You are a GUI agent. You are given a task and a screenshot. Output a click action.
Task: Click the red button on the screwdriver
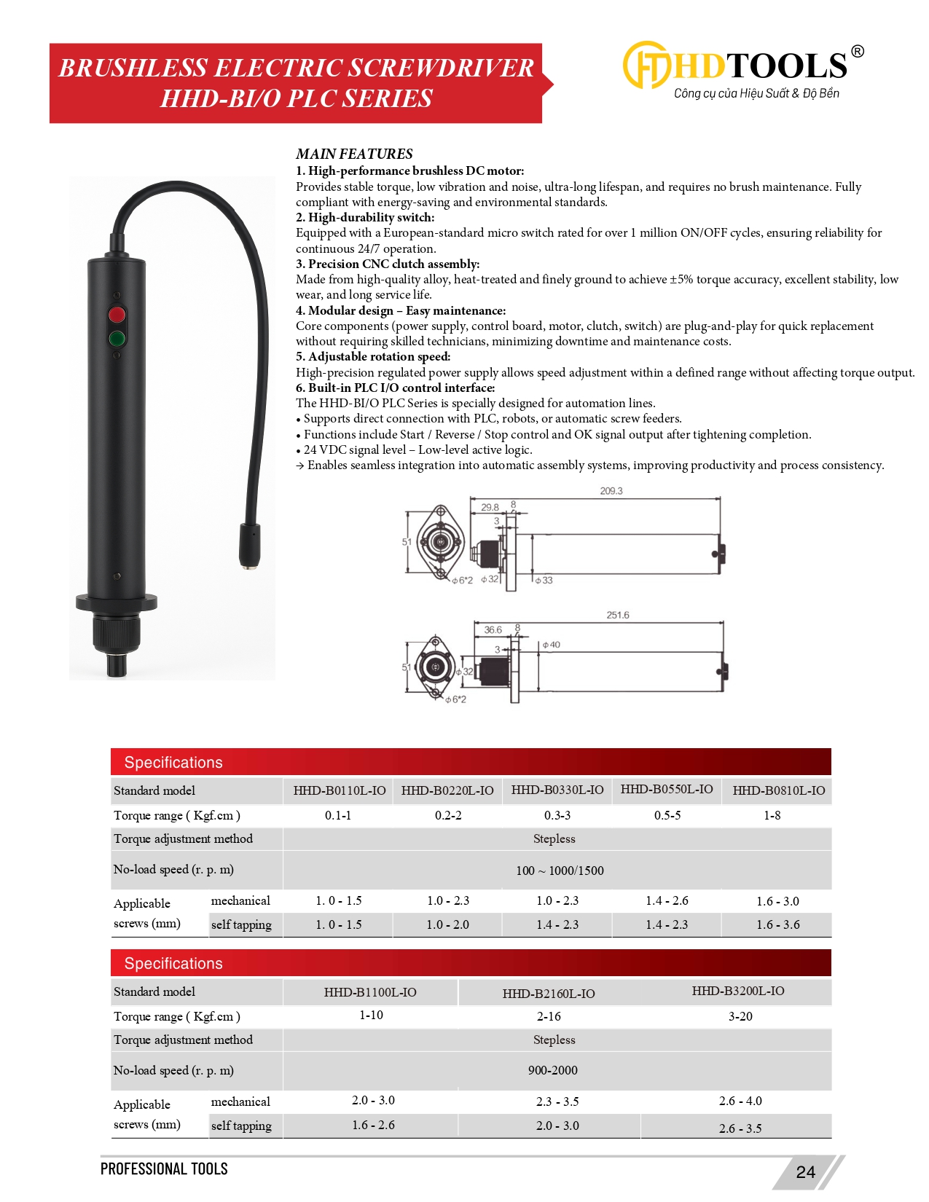tap(117, 315)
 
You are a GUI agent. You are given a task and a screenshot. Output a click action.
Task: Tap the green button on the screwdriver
tap(117, 338)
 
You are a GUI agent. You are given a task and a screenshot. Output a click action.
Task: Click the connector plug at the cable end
tap(251, 545)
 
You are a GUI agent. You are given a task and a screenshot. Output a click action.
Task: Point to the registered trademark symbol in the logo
tap(858, 51)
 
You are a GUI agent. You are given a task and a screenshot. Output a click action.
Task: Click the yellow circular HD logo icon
tap(645, 65)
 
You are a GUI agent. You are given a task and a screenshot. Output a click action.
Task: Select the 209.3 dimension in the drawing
tap(611, 491)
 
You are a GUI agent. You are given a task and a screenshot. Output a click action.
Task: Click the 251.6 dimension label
tap(617, 615)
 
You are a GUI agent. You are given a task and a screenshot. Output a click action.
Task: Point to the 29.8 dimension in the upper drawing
tap(490, 507)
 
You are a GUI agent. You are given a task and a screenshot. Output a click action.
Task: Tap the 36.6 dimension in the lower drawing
tap(493, 629)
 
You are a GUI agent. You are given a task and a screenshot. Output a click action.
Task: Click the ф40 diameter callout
tap(552, 645)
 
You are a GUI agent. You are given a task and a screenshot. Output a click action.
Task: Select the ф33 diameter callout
tap(544, 581)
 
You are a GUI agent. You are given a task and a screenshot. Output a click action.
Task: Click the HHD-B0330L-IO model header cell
tap(557, 790)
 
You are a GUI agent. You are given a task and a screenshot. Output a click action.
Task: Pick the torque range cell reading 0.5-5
tap(667, 815)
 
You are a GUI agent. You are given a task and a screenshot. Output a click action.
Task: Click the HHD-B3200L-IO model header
tap(738, 991)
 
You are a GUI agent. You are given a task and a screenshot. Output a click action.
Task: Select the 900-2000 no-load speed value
tap(553, 1070)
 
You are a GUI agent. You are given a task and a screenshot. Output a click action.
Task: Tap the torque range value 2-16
tap(549, 1016)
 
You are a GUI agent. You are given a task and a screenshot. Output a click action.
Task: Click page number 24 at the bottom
tap(805, 1171)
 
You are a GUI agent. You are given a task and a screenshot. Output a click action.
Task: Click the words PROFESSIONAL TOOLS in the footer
tap(164, 1168)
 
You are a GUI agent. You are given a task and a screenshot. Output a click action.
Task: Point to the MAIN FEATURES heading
tap(354, 154)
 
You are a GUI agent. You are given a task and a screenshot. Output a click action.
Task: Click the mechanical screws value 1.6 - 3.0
tap(777, 901)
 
